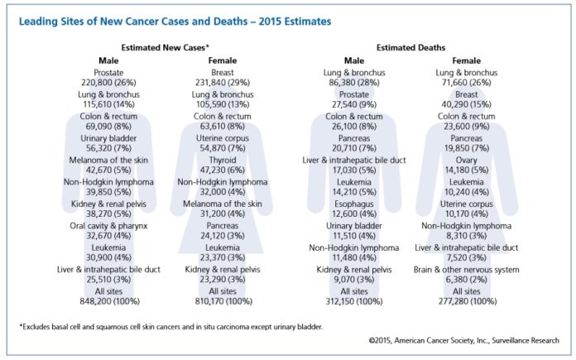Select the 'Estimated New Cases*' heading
(x=165, y=49)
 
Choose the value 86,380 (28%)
(x=353, y=84)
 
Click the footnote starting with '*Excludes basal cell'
(x=170, y=327)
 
